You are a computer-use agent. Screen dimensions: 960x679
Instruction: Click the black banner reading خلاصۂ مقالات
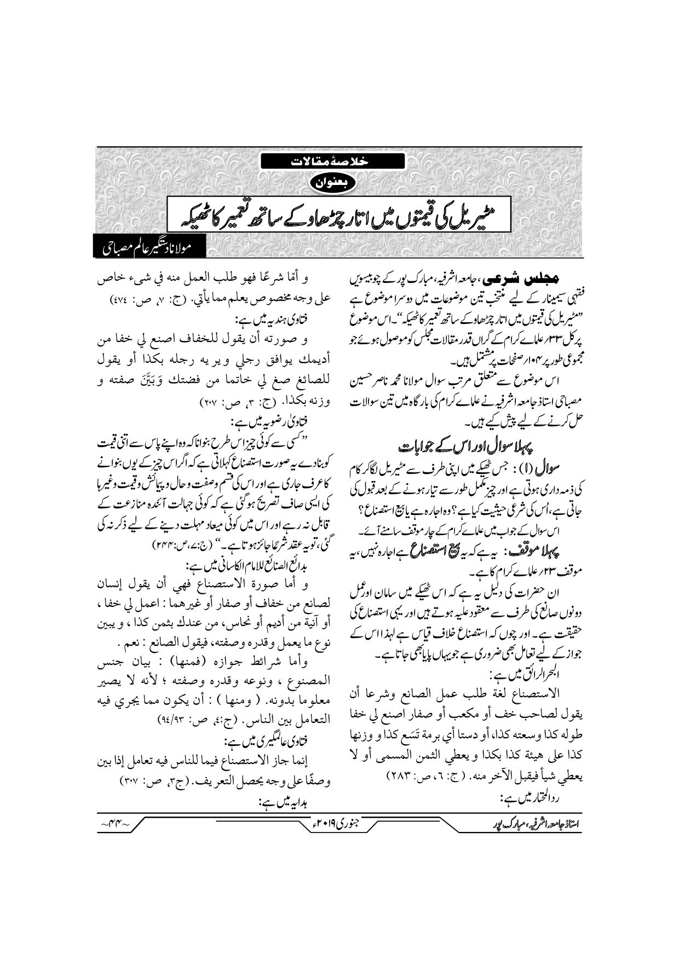tap(332, 161)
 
